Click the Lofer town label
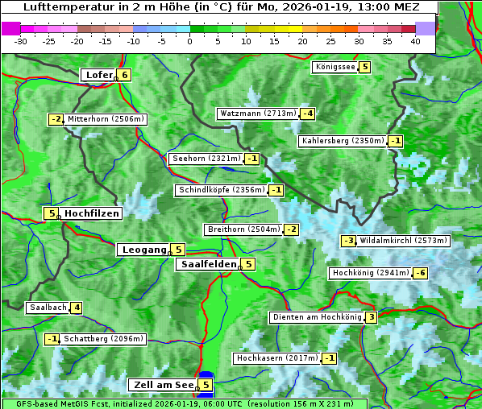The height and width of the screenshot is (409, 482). click(x=98, y=75)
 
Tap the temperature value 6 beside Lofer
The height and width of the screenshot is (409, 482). click(x=124, y=75)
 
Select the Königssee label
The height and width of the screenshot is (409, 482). click(x=334, y=67)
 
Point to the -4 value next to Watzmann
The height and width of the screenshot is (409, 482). click(x=307, y=114)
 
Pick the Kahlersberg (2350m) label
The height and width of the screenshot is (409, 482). click(x=343, y=141)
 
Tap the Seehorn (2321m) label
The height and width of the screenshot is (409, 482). click(x=206, y=159)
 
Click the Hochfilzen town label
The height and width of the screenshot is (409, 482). click(x=92, y=213)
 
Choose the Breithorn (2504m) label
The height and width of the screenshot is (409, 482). click(x=243, y=229)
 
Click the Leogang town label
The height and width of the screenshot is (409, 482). click(x=143, y=250)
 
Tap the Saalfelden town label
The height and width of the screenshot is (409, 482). click(x=208, y=264)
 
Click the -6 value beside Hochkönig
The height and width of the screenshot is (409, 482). click(x=421, y=273)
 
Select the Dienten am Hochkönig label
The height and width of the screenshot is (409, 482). click(x=316, y=317)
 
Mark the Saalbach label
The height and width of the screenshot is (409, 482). click(x=48, y=308)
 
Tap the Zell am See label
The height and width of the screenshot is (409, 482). click(x=163, y=385)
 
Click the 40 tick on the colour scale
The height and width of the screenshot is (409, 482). click(x=415, y=41)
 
